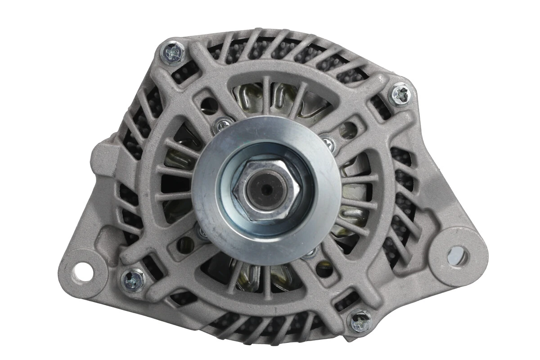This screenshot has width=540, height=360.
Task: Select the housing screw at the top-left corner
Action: tap(173, 54)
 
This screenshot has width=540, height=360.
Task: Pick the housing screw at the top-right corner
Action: tap(400, 94)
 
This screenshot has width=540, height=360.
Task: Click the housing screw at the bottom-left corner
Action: tap(134, 279)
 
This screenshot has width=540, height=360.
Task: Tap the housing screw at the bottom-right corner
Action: tap(360, 320)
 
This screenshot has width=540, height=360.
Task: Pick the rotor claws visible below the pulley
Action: tap(252, 274)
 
